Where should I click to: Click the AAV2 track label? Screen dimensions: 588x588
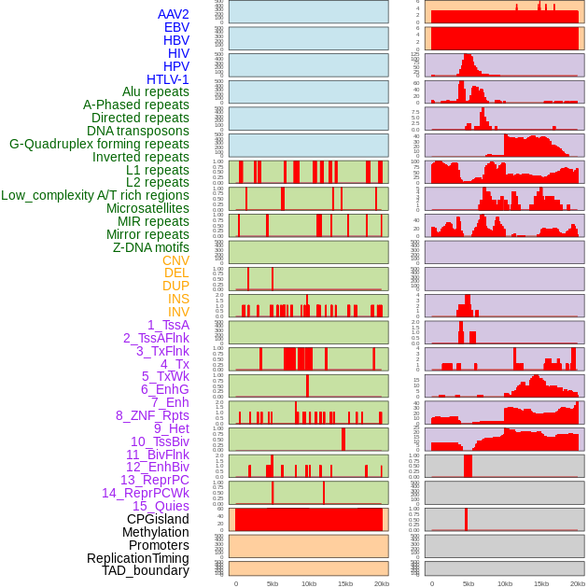pos(173,14)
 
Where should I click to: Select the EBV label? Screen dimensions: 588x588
pos(176,27)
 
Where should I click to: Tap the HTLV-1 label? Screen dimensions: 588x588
pos(167,79)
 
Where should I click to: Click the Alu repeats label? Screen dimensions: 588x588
pos(155,91)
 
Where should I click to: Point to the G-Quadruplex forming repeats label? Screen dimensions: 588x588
pos(99,144)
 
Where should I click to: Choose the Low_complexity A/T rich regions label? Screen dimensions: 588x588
pos(95,195)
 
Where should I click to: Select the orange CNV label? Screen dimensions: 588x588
pos(175,260)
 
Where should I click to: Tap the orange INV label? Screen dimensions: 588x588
pos(178,312)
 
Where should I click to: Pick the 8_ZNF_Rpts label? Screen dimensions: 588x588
pos(152,415)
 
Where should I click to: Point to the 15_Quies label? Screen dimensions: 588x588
pos(160,506)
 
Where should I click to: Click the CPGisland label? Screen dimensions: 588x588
pos(158,519)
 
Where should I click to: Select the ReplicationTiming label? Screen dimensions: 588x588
pos(137,558)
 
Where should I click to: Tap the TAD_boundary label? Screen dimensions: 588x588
pos(145,570)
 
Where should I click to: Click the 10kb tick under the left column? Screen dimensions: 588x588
pos(308,583)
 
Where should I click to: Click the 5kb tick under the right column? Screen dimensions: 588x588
pos(469,583)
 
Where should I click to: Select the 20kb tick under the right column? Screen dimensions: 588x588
pos(578,583)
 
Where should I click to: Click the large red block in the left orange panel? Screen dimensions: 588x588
pos(308,519)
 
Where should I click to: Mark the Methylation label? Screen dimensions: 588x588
pos(155,532)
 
